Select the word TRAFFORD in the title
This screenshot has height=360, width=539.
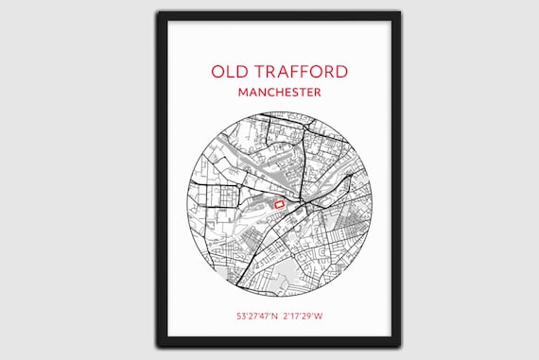300,72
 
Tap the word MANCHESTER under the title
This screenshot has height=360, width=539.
279,93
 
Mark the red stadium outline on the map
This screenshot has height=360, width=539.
279,201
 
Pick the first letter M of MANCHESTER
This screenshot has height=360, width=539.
244,93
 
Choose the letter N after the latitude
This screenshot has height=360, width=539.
276,316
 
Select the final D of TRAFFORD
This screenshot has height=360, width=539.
341,72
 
